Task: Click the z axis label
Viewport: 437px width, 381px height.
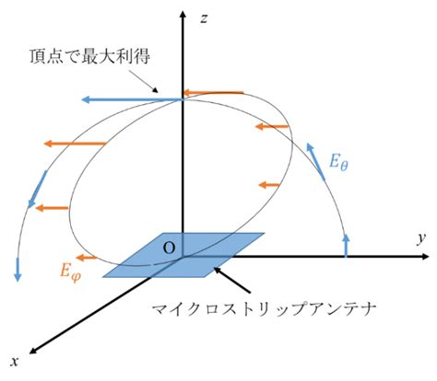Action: click(204, 19)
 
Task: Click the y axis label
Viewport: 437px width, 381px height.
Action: click(421, 238)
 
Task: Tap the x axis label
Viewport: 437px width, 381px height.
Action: click(15, 362)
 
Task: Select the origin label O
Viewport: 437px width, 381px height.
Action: click(169, 248)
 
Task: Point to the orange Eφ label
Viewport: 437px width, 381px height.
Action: click(71, 272)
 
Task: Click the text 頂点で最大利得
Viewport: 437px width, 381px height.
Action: click(90, 57)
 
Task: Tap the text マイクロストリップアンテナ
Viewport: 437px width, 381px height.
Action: click(265, 310)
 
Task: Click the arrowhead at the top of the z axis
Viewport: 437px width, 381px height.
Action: click(183, 15)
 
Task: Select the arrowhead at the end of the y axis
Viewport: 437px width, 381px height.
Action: click(424, 257)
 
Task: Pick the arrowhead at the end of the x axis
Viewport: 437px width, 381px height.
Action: click(33, 351)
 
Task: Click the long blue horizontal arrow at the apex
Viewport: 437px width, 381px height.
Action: click(133, 99)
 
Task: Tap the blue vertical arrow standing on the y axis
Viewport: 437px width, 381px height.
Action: click(347, 245)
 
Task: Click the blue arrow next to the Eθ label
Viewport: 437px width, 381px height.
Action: click(315, 161)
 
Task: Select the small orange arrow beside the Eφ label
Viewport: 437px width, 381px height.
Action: click(87, 258)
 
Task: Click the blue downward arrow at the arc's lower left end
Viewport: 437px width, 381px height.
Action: click(18, 270)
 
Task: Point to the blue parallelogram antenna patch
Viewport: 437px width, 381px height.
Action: click(183, 255)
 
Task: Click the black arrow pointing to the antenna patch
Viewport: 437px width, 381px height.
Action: click(232, 280)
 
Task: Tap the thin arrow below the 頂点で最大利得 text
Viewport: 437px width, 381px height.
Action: click(144, 81)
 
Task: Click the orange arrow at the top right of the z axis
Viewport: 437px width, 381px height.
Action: click(213, 92)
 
